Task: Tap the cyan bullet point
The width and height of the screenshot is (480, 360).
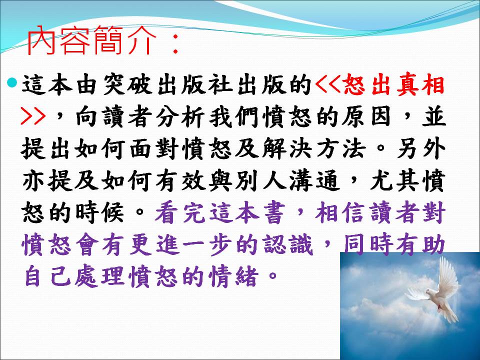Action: [12, 82]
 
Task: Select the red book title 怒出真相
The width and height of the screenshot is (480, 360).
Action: [394, 85]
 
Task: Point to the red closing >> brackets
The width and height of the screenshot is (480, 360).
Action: [33, 116]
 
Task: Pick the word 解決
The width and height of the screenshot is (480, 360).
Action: [287, 149]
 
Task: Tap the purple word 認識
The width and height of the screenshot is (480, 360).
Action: [287, 245]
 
